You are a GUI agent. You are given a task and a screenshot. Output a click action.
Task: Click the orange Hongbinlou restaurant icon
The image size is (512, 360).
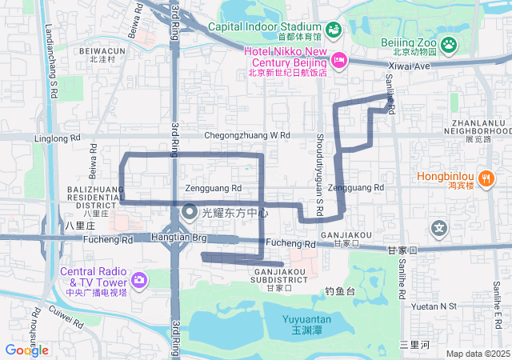[486, 177]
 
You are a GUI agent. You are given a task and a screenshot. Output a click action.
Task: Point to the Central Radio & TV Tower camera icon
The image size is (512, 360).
[139, 279]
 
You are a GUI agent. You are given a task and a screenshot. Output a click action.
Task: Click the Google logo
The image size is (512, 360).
[26, 350]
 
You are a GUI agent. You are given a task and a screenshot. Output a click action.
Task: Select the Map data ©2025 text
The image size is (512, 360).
[478, 354]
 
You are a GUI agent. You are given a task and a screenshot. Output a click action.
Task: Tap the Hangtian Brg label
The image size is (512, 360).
[179, 238]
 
